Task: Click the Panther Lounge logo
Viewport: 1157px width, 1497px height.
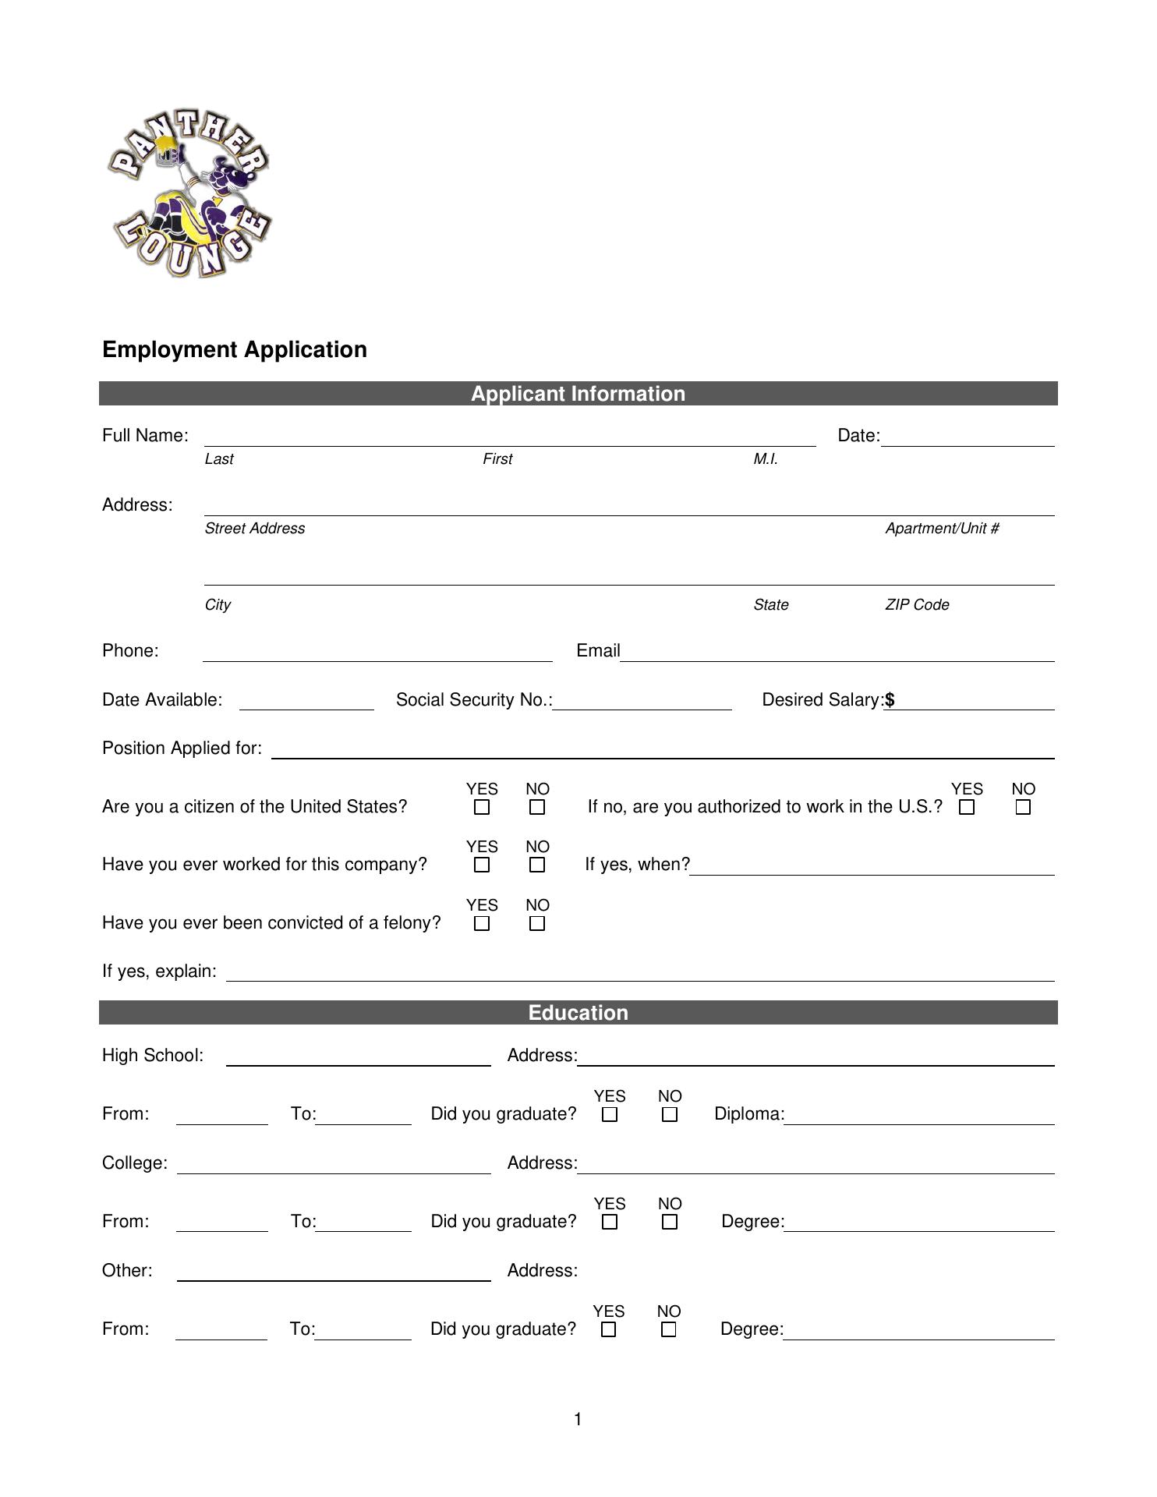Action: [189, 195]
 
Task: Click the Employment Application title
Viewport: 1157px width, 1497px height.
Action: [235, 349]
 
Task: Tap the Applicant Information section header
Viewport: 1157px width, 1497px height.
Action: [578, 394]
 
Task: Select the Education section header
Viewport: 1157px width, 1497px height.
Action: [578, 1013]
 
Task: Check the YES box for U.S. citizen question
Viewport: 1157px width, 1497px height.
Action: [482, 808]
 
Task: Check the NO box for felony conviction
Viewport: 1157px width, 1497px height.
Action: [536, 924]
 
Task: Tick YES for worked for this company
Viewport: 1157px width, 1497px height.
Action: [482, 865]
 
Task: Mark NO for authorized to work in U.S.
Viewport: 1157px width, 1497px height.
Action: [1023, 808]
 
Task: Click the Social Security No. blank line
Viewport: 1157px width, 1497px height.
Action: [642, 703]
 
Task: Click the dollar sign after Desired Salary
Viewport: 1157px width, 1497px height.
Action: [890, 700]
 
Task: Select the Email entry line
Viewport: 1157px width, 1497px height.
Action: [837, 654]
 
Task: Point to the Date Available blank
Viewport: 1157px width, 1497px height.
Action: [306, 703]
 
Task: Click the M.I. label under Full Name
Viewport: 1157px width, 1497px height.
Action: [766, 459]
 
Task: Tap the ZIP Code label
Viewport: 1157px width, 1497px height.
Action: [917, 605]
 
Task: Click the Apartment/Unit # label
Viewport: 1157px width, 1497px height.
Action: [942, 529]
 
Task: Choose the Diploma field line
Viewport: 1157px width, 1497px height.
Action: [918, 1117]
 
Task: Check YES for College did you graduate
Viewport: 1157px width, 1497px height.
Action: [610, 1223]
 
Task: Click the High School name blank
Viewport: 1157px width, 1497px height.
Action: [358, 1059]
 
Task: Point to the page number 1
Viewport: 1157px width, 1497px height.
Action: [578, 1420]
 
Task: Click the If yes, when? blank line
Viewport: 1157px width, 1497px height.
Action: [872, 869]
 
